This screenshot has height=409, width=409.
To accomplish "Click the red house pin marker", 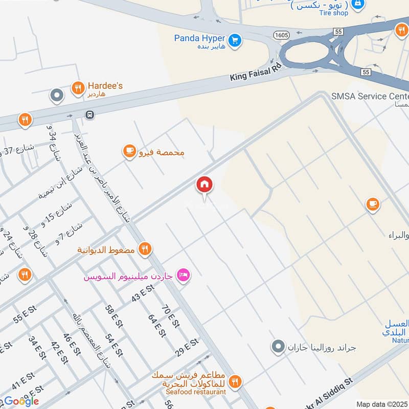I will [x=204, y=185].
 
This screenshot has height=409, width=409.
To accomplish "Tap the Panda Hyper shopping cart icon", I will [x=235, y=39].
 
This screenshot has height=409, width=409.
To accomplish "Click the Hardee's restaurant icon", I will [x=78, y=87].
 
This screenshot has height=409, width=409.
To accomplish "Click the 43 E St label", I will [x=143, y=294].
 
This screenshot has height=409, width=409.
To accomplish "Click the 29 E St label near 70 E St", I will [x=186, y=347].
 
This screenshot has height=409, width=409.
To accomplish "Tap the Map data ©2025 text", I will [x=382, y=404].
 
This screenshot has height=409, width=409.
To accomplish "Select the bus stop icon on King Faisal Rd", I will [x=90, y=115].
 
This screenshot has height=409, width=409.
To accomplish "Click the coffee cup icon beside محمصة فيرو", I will [x=129, y=151].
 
